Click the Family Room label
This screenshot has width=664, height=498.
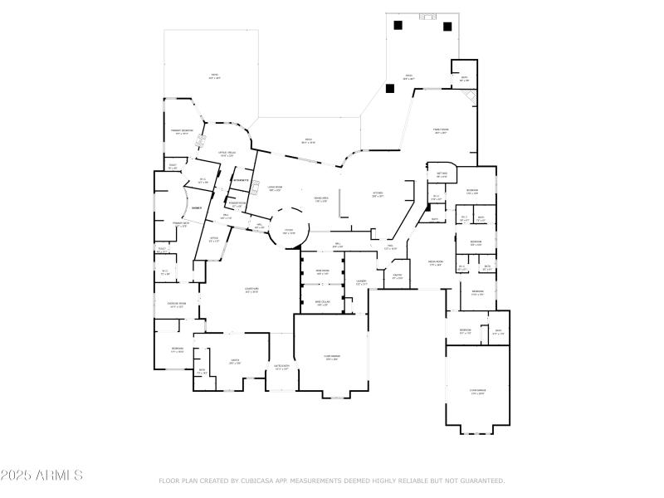click(x=441, y=130)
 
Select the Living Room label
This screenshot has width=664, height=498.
click(x=274, y=188)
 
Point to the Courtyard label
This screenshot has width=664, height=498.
click(x=251, y=290)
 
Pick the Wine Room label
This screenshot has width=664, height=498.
click(x=322, y=271)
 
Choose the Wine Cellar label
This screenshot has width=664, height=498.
click(x=322, y=302)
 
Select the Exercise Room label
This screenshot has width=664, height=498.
click(x=177, y=304)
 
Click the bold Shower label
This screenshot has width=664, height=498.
click(x=197, y=207)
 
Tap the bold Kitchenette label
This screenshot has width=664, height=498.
click(x=241, y=180)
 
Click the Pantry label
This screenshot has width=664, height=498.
click(x=398, y=276)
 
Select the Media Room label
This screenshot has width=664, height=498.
click(x=435, y=262)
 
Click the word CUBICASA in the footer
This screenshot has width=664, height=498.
click(x=254, y=481)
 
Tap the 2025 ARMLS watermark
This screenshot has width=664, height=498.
click(x=41, y=476)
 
